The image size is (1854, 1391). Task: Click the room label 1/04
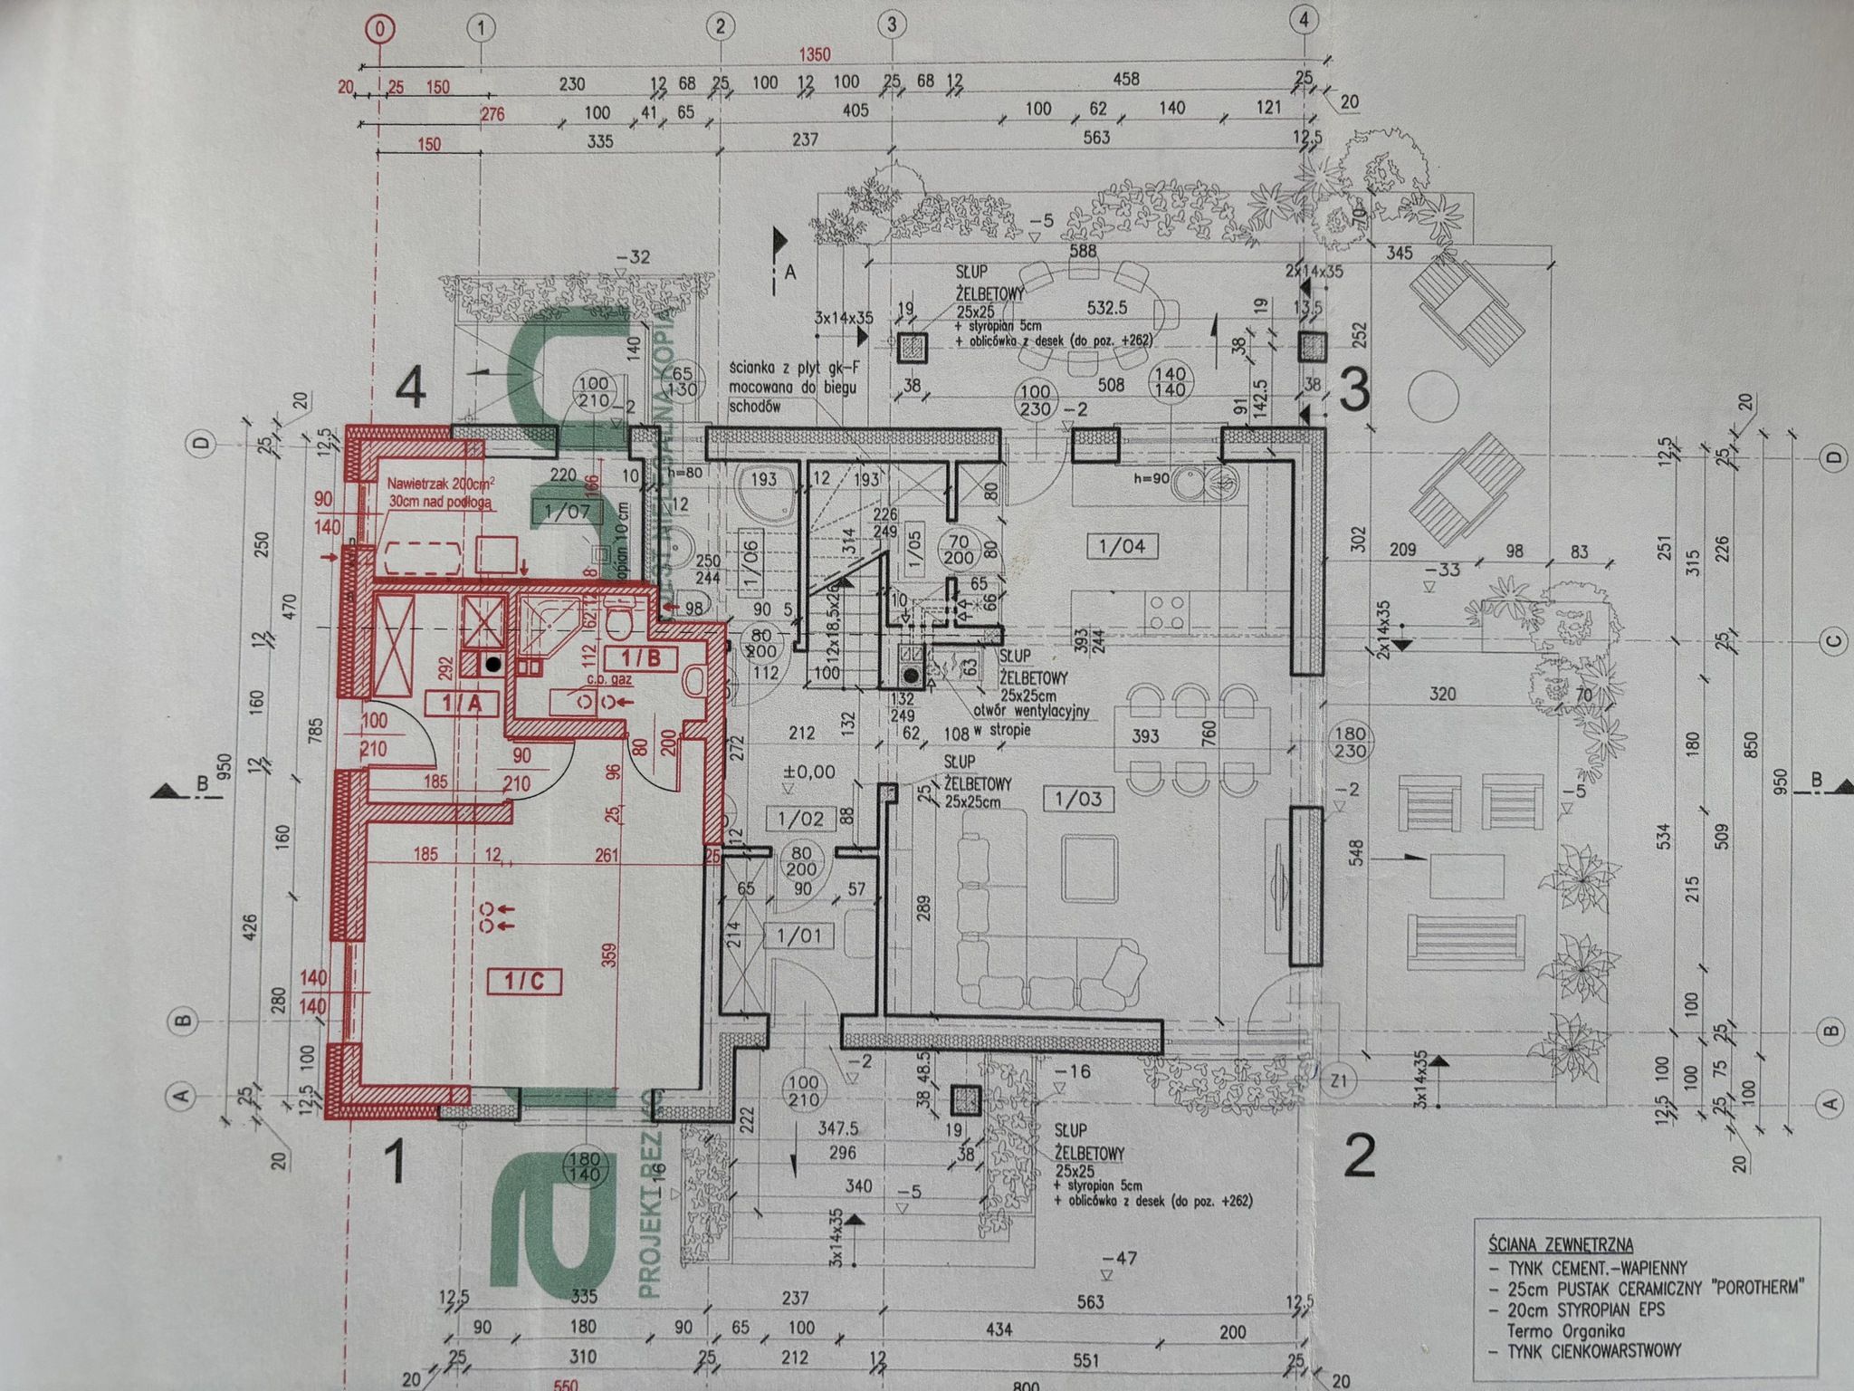[1121, 546]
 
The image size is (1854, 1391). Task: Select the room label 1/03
[1077, 800]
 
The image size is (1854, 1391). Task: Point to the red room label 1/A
[462, 702]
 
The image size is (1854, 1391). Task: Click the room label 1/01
[799, 935]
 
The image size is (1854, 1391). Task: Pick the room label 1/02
[800, 820]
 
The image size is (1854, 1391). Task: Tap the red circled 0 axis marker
[379, 29]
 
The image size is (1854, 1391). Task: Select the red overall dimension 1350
[813, 55]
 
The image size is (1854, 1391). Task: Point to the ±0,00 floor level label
[810, 772]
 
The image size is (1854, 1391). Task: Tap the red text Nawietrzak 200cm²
[441, 484]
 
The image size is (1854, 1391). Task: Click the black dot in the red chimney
[492, 664]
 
